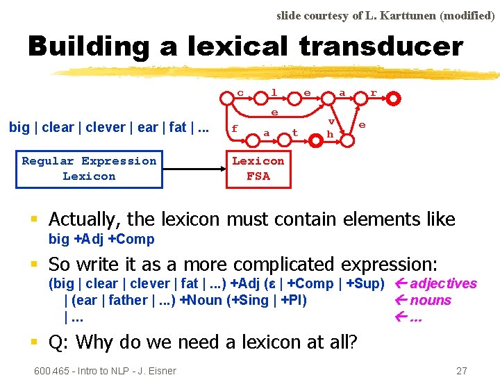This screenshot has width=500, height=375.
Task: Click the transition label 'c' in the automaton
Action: point(240,92)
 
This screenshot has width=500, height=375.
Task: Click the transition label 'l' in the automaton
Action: point(274,92)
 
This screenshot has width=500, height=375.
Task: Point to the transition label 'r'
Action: point(374,92)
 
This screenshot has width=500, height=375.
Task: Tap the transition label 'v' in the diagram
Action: point(331,121)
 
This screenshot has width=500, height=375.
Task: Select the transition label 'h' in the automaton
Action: point(330,133)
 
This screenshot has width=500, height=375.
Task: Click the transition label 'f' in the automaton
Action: point(234,128)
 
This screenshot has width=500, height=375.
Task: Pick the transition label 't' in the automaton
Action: point(294,132)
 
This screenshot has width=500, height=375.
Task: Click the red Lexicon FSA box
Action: point(258,169)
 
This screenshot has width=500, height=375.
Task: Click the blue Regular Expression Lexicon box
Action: point(89,169)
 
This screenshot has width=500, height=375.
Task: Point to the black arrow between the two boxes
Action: point(194,169)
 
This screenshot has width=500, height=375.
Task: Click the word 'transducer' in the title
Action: point(381,47)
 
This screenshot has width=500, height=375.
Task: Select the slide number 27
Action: point(461,370)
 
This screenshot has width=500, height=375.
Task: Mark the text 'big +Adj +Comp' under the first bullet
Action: point(101,240)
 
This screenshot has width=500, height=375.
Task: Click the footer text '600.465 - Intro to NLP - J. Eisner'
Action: point(105,370)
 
